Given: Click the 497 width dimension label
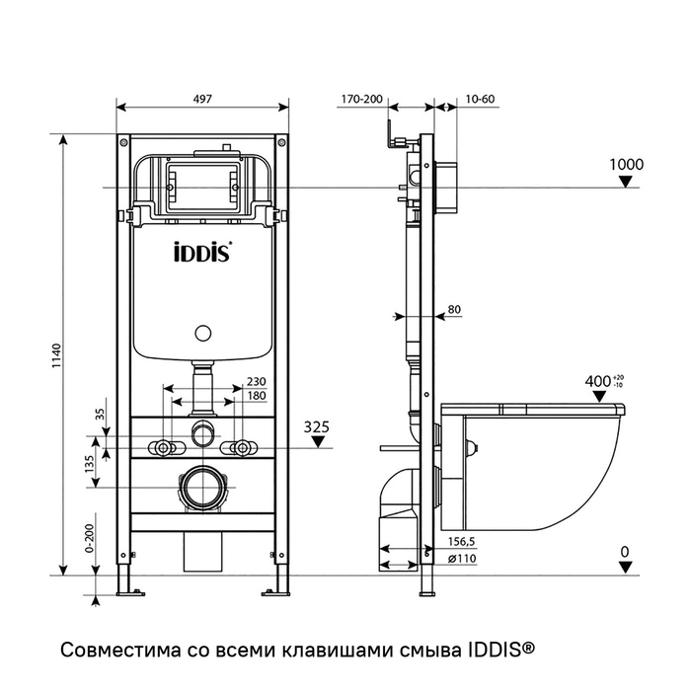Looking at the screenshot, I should [x=203, y=99].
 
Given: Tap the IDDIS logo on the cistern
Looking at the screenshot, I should [x=202, y=252].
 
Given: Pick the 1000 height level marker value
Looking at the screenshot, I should [x=625, y=164].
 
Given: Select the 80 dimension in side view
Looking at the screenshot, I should [x=455, y=310].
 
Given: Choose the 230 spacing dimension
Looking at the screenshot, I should [x=256, y=382].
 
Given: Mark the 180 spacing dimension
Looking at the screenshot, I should [x=256, y=396].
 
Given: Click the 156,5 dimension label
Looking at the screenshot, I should [x=464, y=540].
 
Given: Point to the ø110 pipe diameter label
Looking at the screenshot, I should [x=464, y=557].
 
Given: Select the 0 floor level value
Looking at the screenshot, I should [x=624, y=550].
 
